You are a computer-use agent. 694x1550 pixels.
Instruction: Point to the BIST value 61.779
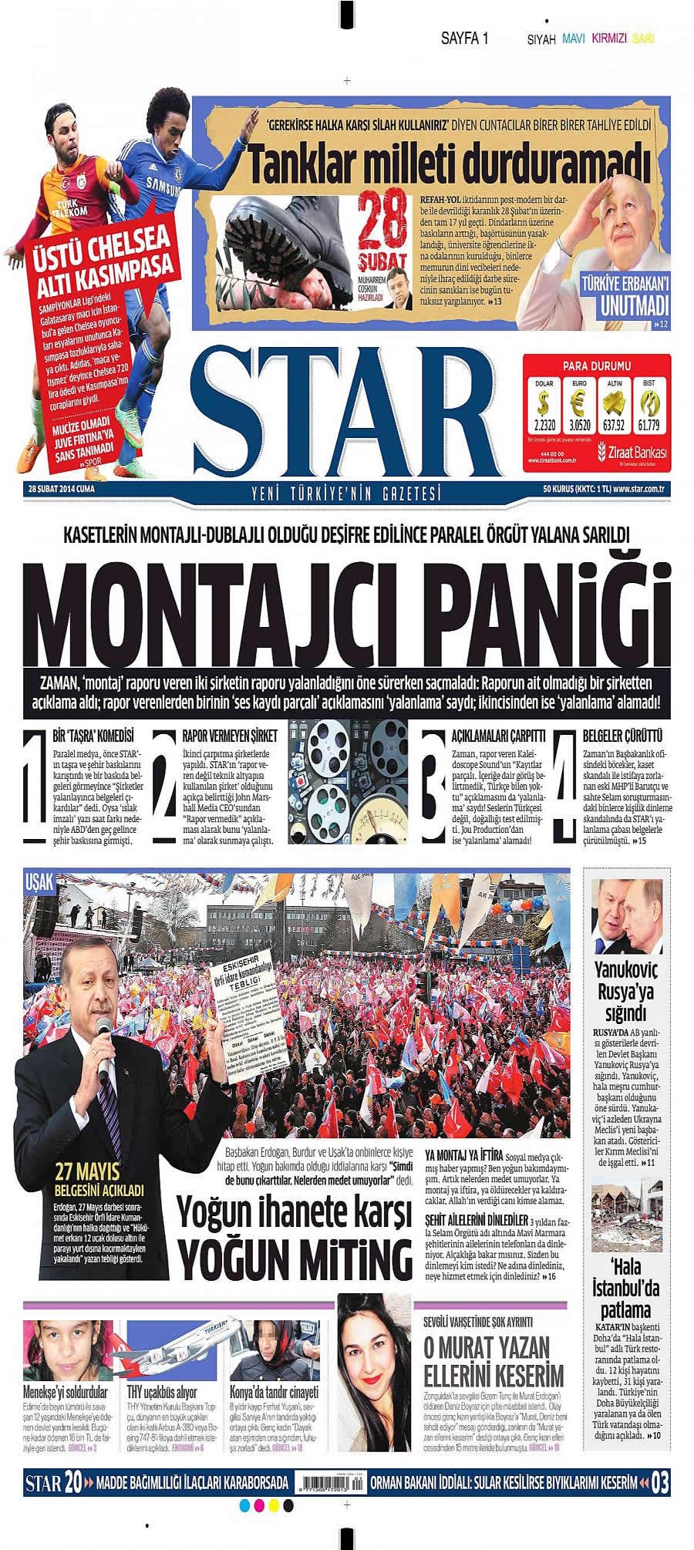click(x=647, y=423)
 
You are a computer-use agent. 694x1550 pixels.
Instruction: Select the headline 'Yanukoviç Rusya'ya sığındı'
click(x=625, y=992)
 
